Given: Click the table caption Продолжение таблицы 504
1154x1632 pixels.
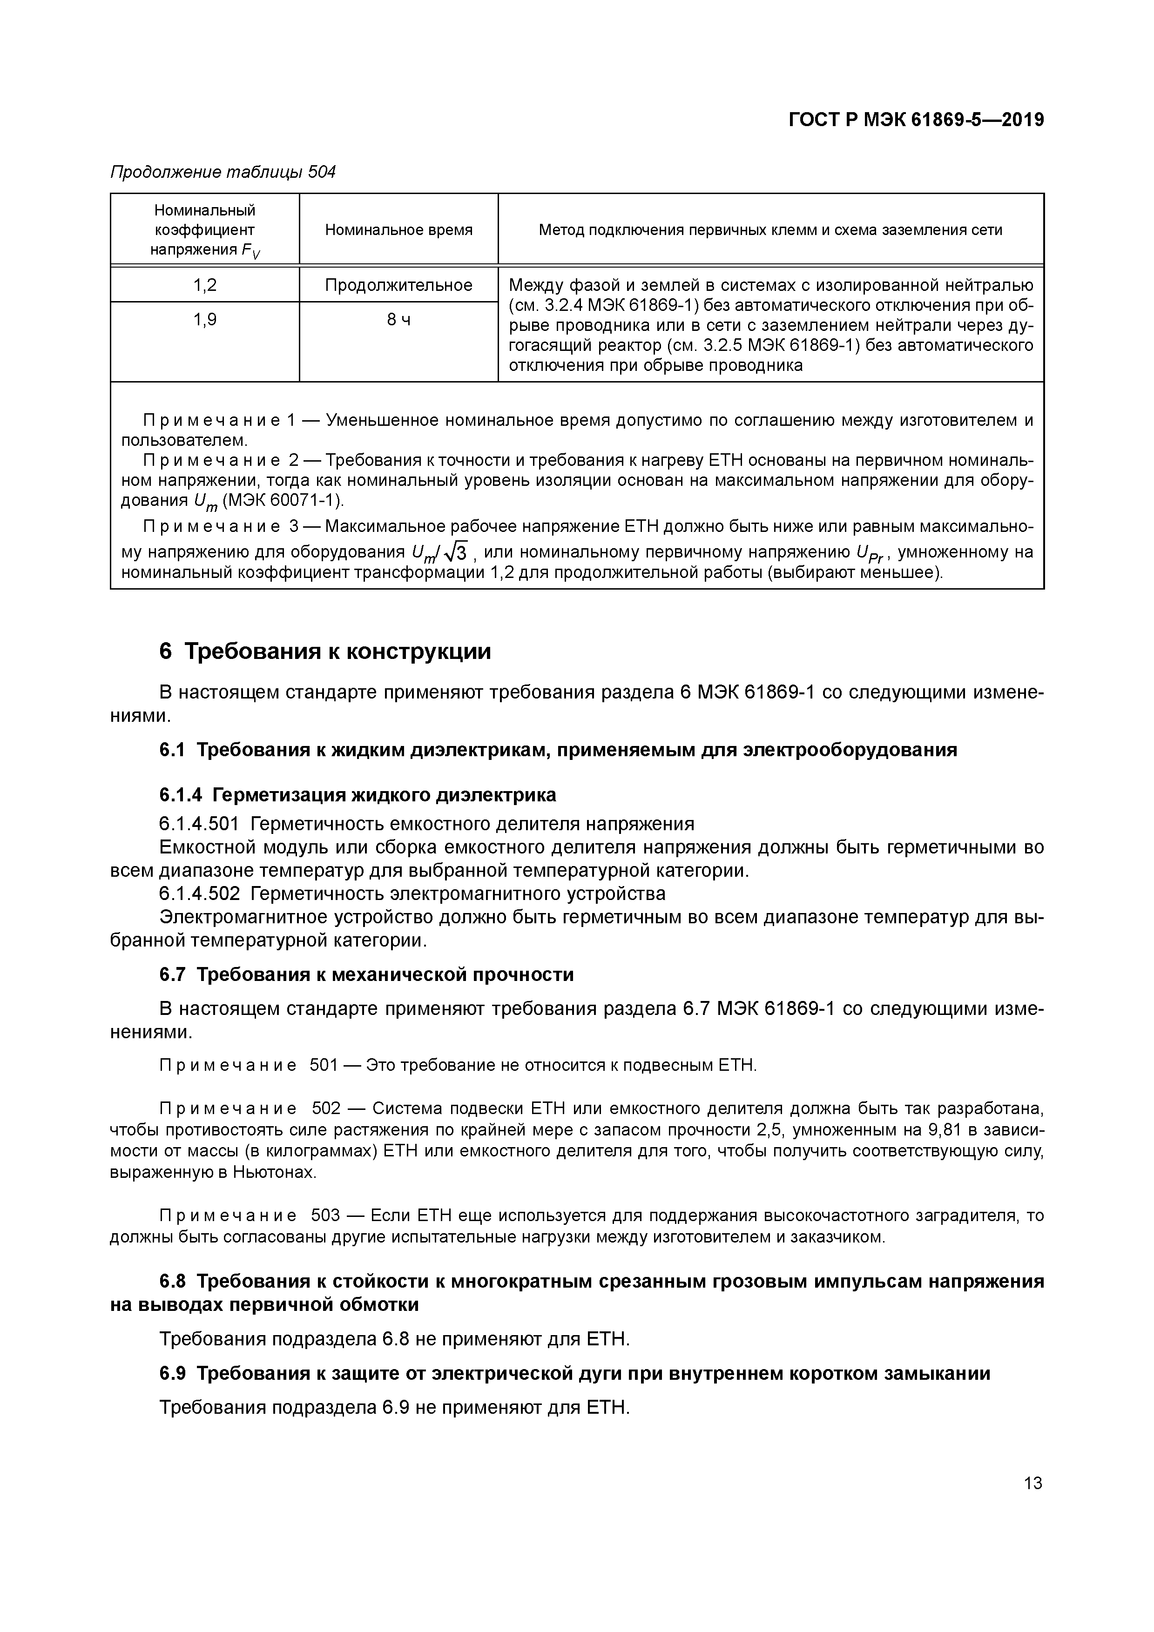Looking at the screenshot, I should (223, 172).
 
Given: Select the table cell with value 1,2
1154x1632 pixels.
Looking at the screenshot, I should (205, 285).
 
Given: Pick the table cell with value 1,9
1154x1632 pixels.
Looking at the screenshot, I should (205, 320).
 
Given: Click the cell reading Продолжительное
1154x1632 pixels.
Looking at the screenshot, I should (398, 285).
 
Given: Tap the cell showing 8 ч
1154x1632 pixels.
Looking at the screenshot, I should (398, 320).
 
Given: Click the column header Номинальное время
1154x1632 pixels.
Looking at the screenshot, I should (398, 229).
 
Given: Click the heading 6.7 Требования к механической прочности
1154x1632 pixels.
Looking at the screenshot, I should (366, 974).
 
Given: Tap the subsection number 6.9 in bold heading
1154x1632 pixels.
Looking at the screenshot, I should (172, 1373).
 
